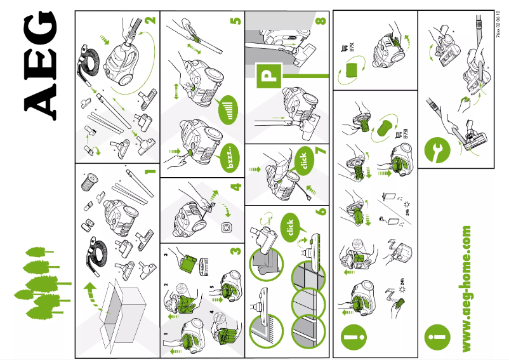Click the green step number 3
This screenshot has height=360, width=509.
[x=235, y=251]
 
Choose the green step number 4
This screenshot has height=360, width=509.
[x=235, y=187]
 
